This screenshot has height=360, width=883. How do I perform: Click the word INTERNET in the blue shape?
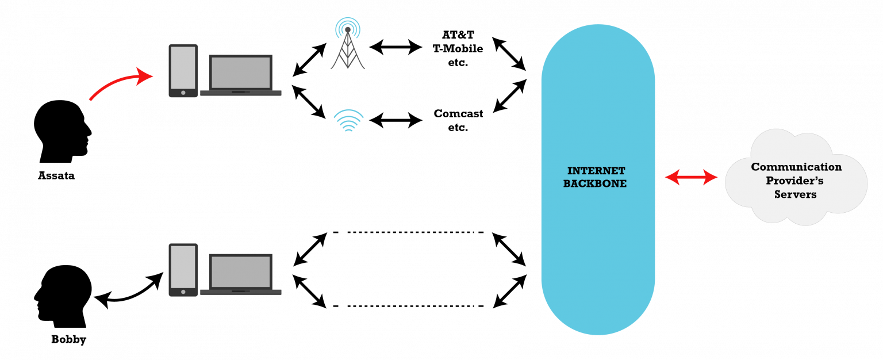click(596, 171)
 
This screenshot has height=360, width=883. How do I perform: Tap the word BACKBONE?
click(595, 184)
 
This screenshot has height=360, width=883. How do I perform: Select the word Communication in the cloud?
click(796, 167)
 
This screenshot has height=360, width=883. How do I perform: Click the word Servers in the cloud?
click(795, 195)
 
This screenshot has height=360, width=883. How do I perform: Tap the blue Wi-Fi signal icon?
click(348, 121)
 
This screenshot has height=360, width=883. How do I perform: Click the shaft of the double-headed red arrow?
click(692, 178)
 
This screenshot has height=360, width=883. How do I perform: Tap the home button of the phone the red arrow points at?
click(183, 93)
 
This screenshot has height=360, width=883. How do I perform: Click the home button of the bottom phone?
click(183, 292)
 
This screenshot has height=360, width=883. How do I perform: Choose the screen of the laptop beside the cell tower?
click(240, 72)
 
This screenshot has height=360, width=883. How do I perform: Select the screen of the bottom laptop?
click(240, 271)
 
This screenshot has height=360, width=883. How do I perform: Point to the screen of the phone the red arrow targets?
click(183, 67)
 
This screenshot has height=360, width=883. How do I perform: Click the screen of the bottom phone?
click(183, 266)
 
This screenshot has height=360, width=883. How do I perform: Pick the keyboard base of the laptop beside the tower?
click(240, 93)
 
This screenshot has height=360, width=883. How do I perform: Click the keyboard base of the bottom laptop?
click(240, 292)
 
